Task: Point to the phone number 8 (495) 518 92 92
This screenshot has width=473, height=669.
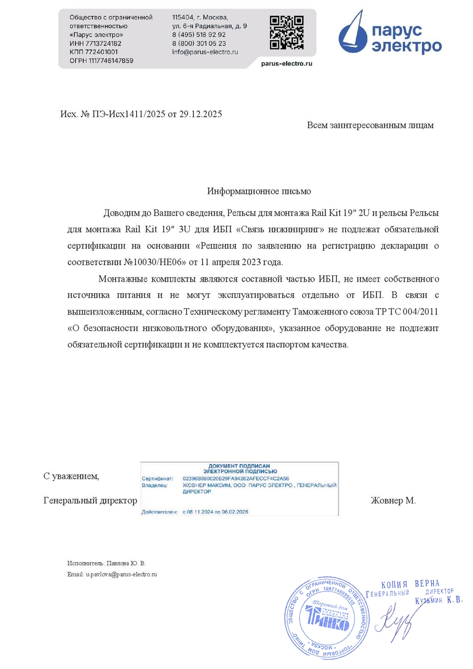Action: [199, 34]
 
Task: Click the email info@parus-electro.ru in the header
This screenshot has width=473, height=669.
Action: [205, 52]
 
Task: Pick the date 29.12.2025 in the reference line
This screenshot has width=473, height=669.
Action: [201, 114]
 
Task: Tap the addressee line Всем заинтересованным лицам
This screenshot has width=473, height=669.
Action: [370, 125]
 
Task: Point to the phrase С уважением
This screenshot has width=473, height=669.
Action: [71, 476]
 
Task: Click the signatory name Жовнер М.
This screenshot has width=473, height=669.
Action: [393, 501]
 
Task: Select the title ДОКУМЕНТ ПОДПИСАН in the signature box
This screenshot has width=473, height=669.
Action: [240, 466]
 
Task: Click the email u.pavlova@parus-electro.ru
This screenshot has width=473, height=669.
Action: [121, 574]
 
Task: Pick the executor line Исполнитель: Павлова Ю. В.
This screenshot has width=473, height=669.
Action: [106, 563]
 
